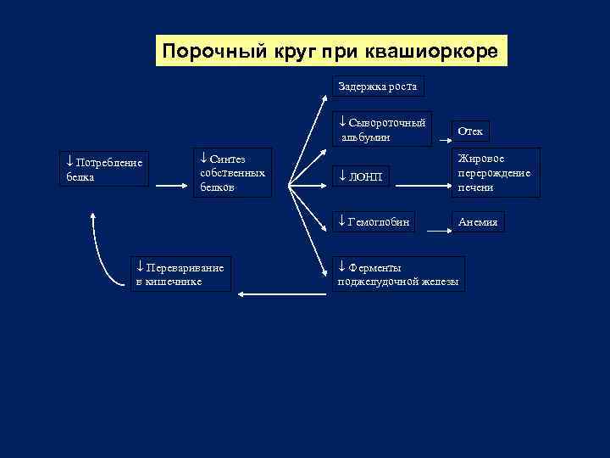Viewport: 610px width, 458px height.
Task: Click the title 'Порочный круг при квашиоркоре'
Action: click(x=331, y=51)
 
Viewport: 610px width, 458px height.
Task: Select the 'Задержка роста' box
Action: click(x=377, y=87)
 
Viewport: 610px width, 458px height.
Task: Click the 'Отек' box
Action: click(x=470, y=131)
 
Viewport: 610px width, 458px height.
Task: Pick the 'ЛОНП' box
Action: click(x=361, y=176)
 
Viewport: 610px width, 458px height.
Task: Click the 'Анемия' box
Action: click(x=479, y=221)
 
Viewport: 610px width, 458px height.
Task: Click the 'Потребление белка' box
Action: click(x=106, y=168)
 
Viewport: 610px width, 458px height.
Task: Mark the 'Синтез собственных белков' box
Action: click(x=232, y=172)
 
